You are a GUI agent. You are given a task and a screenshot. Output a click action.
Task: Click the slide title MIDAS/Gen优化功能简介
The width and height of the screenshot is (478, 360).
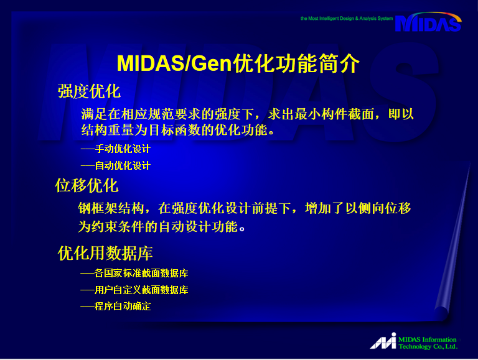[x=238, y=63]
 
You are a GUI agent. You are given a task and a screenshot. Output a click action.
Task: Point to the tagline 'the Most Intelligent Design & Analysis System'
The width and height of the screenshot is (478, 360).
[x=347, y=19]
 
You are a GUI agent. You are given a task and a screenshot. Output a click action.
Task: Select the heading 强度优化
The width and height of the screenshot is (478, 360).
[x=89, y=91]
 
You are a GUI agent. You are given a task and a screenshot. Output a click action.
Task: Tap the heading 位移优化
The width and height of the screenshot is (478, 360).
[x=87, y=185]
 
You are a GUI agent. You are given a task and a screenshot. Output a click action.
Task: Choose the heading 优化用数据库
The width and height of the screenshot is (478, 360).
[x=105, y=253]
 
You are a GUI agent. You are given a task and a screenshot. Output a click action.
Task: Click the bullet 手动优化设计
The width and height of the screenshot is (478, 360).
[x=123, y=149]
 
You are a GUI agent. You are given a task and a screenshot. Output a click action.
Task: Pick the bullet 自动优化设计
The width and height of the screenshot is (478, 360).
[x=123, y=165]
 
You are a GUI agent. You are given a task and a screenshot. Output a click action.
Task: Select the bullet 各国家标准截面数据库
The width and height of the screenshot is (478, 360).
[x=141, y=273]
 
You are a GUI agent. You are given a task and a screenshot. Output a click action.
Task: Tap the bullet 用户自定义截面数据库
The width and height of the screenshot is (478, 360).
[x=141, y=290]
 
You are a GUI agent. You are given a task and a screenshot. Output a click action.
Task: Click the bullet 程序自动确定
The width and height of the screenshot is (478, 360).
[x=123, y=307]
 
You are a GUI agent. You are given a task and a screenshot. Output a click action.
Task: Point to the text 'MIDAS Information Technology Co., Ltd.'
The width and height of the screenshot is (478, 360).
[x=428, y=343]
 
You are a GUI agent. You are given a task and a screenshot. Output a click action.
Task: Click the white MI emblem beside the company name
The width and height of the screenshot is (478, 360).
[x=383, y=341]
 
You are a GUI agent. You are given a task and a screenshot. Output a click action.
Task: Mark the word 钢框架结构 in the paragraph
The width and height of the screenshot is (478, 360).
[x=111, y=208]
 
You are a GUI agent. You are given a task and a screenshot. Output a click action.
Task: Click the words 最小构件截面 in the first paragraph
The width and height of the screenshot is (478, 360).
[x=334, y=114]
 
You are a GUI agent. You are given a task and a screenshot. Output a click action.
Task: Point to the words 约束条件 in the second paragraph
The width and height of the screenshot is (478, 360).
[x=118, y=226]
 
